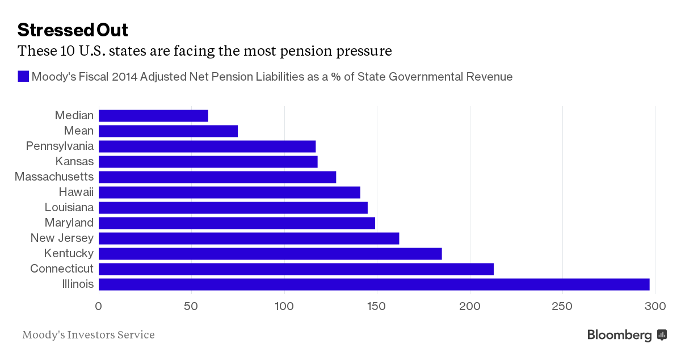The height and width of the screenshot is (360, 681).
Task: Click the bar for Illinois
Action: click(x=373, y=284)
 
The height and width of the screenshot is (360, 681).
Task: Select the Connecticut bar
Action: click(x=296, y=269)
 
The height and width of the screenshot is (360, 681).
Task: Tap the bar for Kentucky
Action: click(x=270, y=253)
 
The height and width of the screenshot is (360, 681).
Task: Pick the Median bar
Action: click(x=153, y=115)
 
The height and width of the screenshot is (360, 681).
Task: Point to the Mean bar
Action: click(x=168, y=131)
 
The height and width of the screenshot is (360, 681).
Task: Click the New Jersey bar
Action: click(x=249, y=238)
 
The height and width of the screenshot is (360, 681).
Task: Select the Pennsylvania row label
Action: click(x=60, y=146)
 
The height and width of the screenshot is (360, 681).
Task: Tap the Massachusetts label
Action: click(x=54, y=177)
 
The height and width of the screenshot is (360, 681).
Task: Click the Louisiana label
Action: click(x=69, y=207)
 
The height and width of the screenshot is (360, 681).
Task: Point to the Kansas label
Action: click(x=74, y=161)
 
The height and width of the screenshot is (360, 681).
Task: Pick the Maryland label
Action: click(x=69, y=223)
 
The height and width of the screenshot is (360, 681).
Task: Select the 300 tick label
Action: click(x=655, y=307)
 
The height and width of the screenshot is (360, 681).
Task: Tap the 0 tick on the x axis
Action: click(x=99, y=307)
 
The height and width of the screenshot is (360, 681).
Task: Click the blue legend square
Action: click(x=23, y=77)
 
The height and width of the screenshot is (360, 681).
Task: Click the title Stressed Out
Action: click(x=73, y=30)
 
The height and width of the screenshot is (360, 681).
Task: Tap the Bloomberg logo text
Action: click(x=619, y=335)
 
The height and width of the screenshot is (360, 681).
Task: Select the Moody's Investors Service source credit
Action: click(x=89, y=335)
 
